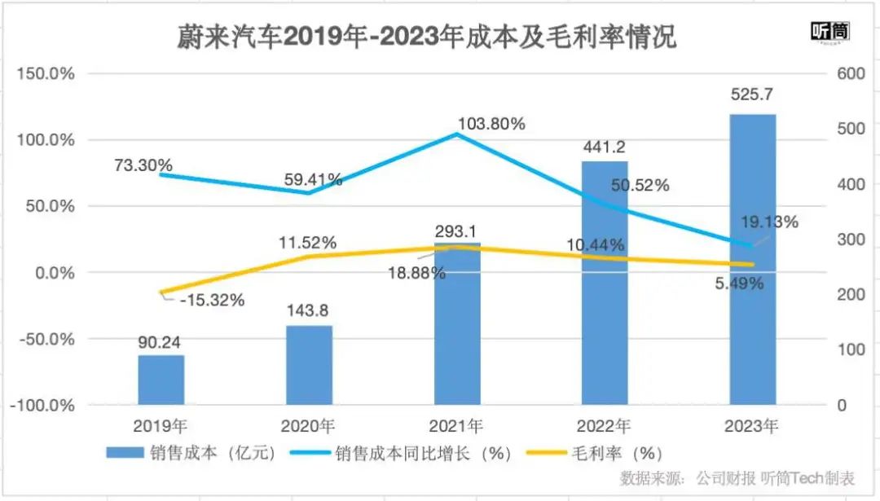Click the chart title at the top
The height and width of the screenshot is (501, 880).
(427, 37)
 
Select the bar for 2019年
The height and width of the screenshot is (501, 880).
(161, 380)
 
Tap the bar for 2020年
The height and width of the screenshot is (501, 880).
(309, 365)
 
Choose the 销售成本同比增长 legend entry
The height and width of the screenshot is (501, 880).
(415, 454)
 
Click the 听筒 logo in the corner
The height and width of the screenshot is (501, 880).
(830, 33)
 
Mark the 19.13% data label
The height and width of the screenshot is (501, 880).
(770, 222)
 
